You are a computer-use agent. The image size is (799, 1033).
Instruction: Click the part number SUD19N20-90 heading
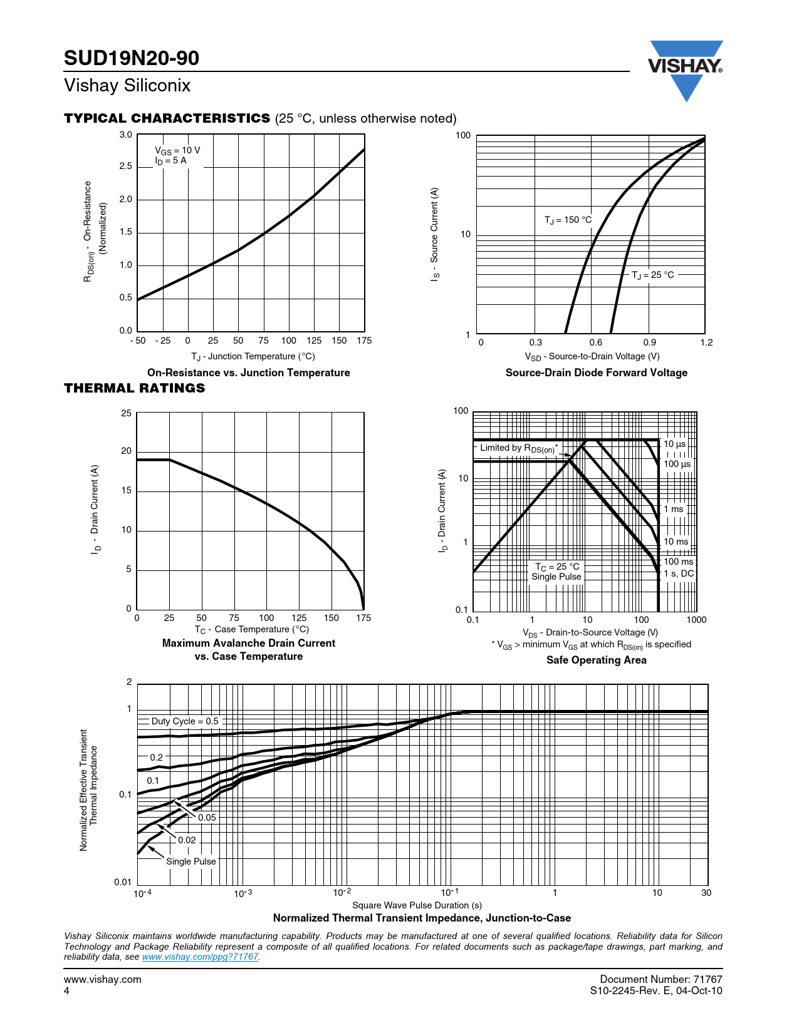(132, 58)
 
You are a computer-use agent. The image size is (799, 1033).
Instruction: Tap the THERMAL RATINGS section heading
(135, 388)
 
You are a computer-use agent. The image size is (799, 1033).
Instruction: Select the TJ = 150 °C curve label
(568, 220)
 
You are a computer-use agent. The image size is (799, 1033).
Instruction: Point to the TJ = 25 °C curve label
(652, 275)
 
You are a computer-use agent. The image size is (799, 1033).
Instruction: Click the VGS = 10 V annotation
(177, 150)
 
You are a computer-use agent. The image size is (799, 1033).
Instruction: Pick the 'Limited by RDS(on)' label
(518, 448)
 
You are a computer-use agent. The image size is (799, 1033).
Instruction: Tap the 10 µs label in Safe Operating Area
(675, 444)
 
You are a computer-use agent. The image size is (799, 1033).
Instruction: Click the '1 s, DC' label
(679, 573)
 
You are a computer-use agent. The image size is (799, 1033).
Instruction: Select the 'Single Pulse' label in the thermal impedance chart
(191, 861)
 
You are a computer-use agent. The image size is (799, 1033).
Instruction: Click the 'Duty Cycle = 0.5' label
(185, 721)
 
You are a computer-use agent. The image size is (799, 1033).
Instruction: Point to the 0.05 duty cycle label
(207, 818)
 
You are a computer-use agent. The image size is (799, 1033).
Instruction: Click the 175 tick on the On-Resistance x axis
(364, 341)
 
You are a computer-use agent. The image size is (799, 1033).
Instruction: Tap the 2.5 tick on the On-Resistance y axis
(126, 167)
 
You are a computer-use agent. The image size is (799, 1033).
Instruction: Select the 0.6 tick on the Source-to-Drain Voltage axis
(595, 342)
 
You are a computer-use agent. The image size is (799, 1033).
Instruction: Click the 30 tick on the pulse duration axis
(706, 893)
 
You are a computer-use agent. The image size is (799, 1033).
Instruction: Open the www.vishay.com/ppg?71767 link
(200, 957)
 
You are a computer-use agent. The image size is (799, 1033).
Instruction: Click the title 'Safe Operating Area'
(596, 660)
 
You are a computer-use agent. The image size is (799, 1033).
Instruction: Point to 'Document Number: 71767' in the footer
(661, 979)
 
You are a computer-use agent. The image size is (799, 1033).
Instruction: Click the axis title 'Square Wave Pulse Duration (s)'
(417, 905)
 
